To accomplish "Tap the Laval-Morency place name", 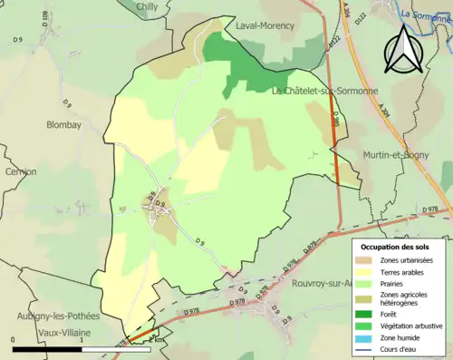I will click(265, 25).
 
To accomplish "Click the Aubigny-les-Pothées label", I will click(56, 316).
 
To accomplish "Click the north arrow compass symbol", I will click(404, 50).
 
